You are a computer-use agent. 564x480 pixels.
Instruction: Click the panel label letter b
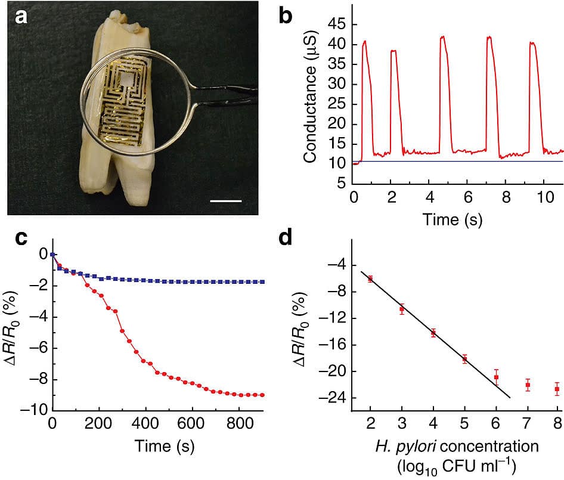click(x=286, y=16)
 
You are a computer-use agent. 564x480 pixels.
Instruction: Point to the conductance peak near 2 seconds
click(x=393, y=51)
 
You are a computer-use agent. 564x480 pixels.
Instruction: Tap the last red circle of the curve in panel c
click(x=262, y=395)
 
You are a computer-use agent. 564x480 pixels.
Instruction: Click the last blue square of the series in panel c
click(x=262, y=281)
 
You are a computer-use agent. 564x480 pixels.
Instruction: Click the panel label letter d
click(x=286, y=239)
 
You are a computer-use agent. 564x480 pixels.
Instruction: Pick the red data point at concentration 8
click(x=557, y=389)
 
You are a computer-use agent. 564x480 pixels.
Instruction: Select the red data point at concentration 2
click(x=370, y=278)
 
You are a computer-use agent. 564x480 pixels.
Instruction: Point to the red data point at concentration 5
click(x=464, y=358)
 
